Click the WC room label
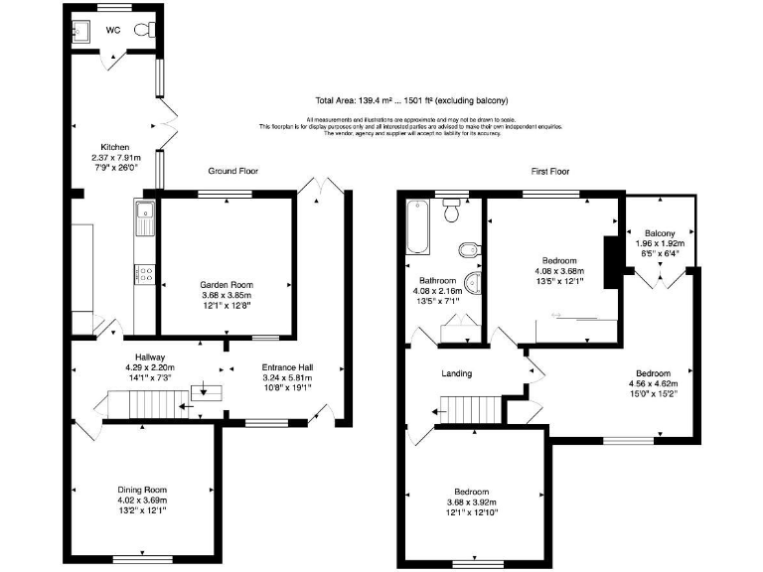114,29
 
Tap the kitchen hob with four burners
143,274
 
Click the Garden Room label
227,284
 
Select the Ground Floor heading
229,171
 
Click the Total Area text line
411,100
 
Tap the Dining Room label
142,490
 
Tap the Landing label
457,373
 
